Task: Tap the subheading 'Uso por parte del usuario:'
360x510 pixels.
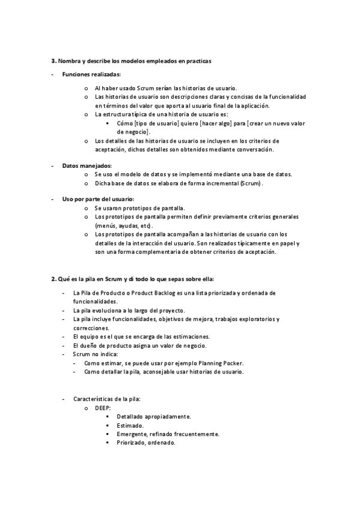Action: coord(98,198)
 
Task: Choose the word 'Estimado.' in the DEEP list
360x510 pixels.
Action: coord(130,425)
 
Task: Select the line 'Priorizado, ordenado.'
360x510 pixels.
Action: coord(146,442)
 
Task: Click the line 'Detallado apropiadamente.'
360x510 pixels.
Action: coord(154,416)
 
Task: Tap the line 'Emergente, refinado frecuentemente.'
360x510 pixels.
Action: coord(168,434)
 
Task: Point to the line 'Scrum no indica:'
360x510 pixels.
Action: coord(95,354)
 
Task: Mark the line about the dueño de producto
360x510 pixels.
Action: coord(139,346)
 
